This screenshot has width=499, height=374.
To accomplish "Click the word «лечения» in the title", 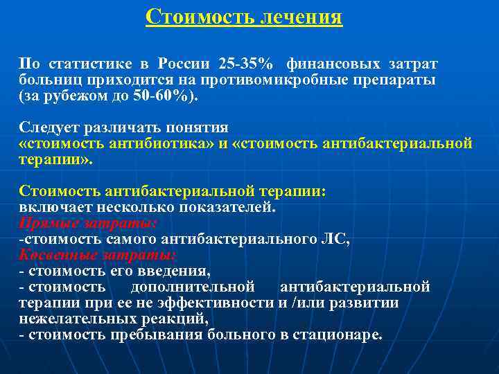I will pyautogui.click(x=301, y=16).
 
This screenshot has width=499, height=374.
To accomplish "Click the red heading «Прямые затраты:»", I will pyautogui.click(x=88, y=223).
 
